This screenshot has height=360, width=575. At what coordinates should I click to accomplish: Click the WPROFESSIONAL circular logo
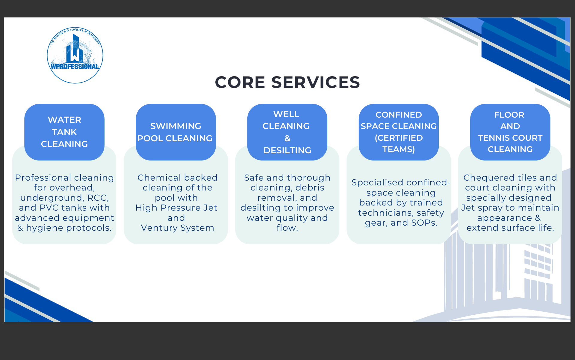click(75, 55)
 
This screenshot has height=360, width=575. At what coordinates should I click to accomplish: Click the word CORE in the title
click(240, 82)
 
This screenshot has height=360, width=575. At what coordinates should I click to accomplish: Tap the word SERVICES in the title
click(316, 82)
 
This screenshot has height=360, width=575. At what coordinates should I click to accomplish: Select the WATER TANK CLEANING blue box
click(64, 132)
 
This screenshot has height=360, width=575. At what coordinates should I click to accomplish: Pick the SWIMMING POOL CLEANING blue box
click(176, 132)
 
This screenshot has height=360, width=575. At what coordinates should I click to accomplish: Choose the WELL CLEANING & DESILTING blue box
click(287, 132)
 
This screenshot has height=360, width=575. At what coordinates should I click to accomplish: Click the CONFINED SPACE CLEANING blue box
click(399, 132)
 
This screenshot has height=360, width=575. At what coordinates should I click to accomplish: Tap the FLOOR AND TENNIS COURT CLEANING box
click(510, 132)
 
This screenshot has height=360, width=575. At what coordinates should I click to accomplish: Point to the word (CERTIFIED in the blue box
click(399, 138)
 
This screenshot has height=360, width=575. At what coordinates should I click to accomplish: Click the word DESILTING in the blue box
click(287, 150)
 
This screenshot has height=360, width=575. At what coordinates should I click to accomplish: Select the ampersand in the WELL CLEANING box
click(287, 138)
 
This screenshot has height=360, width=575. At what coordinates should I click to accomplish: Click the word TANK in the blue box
click(64, 132)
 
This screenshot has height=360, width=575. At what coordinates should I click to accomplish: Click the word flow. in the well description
click(287, 228)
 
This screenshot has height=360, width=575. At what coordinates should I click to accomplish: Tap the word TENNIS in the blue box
click(493, 138)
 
